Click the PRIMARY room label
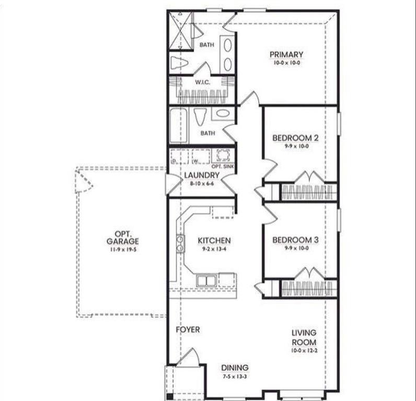coord(286,54)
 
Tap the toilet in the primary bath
coord(179,63)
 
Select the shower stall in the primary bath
coord(181,31)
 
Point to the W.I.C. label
coord(202,82)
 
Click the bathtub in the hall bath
coord(179,125)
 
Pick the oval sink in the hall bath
coord(223,113)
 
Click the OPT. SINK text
coord(223,167)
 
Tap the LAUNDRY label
coord(202,175)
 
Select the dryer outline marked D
coord(179,157)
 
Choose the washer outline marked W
coord(201,157)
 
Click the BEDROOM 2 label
coord(295,138)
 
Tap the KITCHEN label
coord(214,240)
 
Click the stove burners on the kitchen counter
coord(180,243)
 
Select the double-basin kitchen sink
coord(206,280)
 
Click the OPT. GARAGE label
coord(123,238)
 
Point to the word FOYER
coord(188,329)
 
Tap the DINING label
coord(235,368)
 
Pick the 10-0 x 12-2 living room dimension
coord(304,350)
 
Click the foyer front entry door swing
coord(190,357)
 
